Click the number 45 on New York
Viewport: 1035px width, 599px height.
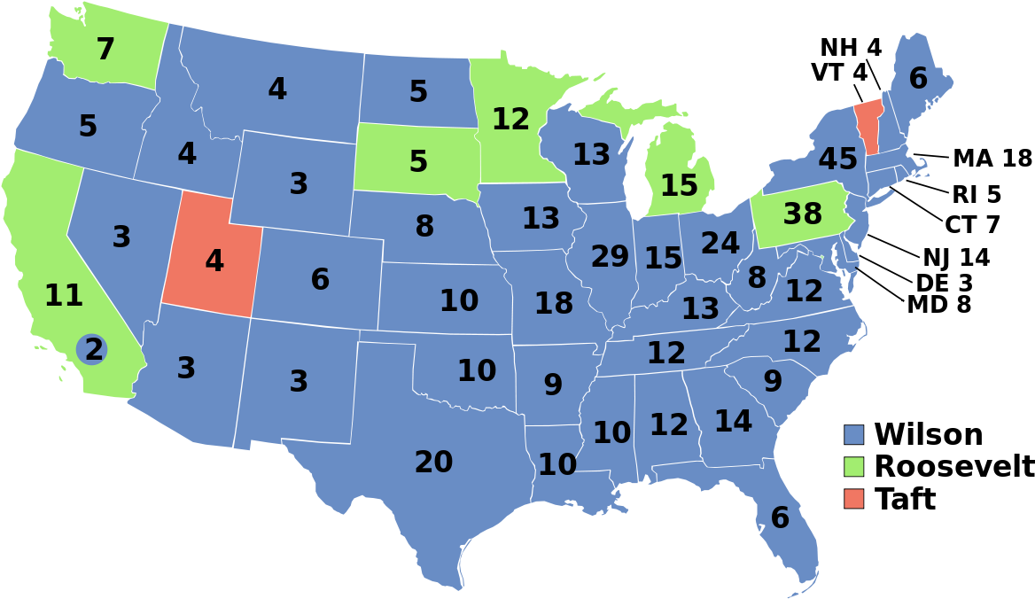pos(837,159)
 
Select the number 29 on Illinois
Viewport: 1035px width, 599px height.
pos(610,257)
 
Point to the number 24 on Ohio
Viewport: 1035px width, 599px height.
pos(720,243)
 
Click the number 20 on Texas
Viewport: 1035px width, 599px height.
pos(433,462)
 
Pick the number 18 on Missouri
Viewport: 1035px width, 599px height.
pos(554,304)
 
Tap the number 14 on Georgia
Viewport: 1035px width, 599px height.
pos(733,421)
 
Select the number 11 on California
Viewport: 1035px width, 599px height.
pos(64,296)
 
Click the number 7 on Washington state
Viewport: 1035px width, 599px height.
pos(105,50)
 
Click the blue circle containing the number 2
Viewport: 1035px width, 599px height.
pos(92,350)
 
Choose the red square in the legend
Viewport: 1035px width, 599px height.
pos(853,498)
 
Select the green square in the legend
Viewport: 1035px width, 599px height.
pos(853,466)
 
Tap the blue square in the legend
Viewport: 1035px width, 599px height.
pos(853,434)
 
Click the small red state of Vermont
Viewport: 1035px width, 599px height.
pos(868,124)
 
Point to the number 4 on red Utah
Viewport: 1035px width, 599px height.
pos(214,261)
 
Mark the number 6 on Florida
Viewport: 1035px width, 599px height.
pos(780,518)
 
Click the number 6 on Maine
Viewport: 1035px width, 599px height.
pos(918,79)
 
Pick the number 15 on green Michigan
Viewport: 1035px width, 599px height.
pos(679,186)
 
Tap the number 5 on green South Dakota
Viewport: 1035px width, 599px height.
pos(418,162)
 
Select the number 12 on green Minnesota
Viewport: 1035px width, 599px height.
pos(510,119)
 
